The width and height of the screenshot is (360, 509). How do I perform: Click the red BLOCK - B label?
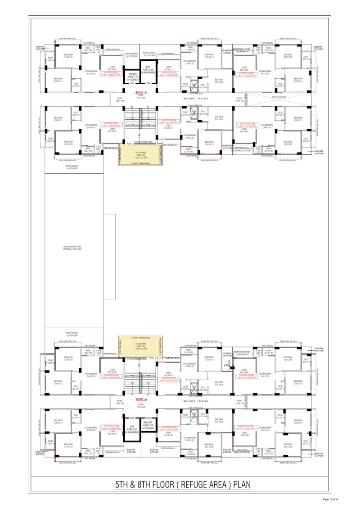coord(141,92)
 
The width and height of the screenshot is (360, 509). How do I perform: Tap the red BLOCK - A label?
coord(141,399)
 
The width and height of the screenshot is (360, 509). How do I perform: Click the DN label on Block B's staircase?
coord(131,107)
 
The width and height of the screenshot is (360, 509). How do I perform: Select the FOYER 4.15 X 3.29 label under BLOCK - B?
coord(141,97)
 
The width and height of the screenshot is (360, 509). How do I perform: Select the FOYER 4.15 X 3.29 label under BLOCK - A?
coord(141,405)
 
